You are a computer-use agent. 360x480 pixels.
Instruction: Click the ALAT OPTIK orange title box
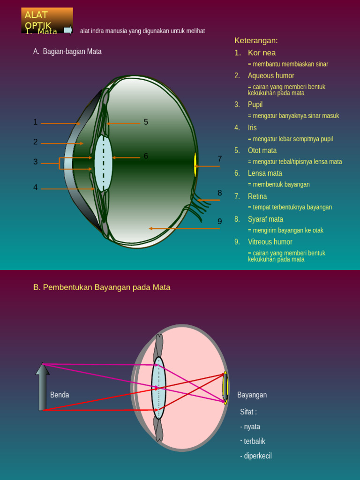pyautogui.click(x=47, y=20)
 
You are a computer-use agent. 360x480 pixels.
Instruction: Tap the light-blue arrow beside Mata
pyautogui.click(x=68, y=30)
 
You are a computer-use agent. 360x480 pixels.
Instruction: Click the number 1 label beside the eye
pyautogui.click(x=36, y=122)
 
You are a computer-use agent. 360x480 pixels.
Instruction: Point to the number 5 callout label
pyautogui.click(x=146, y=122)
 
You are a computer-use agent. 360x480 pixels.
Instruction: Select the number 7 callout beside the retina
pyautogui.click(x=219, y=159)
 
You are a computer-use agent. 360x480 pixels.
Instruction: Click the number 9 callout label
pyautogui.click(x=219, y=221)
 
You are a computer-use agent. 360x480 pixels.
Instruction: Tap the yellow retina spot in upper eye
pyautogui.click(x=195, y=165)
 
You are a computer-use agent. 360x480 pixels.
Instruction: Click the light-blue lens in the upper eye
pyautogui.click(x=103, y=163)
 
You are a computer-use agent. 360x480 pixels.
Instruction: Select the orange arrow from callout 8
pyautogui.click(x=209, y=200)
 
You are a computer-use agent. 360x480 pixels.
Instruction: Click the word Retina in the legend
pyautogui.click(x=257, y=196)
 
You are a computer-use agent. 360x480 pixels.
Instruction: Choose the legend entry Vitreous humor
pyautogui.click(x=270, y=242)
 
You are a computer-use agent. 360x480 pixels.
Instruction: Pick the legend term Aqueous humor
pyautogui.click(x=271, y=75)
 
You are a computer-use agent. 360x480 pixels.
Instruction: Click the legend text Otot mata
pyautogui.click(x=262, y=150)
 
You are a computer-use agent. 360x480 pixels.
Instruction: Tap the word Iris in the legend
pyautogui.click(x=252, y=127)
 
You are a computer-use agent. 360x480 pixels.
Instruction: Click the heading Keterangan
pyautogui.click(x=256, y=40)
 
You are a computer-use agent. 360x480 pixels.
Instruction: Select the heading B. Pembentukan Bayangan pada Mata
pyautogui.click(x=102, y=287)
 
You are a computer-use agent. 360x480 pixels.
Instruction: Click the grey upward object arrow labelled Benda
pyautogui.click(x=43, y=387)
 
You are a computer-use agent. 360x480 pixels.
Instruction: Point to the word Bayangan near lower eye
pyautogui.click(x=252, y=395)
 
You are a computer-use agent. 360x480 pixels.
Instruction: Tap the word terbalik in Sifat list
pyautogui.click(x=255, y=441)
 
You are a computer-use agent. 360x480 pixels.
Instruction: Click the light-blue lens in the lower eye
pyautogui.click(x=158, y=388)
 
